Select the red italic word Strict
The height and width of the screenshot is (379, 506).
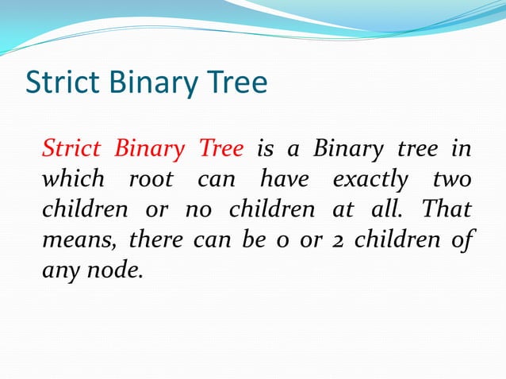coord(71,148)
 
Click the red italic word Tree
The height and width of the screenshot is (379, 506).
coord(222,148)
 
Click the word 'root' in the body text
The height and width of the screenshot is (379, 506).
coord(151,179)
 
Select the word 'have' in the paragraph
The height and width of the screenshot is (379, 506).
coord(284,179)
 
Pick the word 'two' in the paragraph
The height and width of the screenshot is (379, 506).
coord(452,179)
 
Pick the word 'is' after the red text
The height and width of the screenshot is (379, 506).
coord(264,148)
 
